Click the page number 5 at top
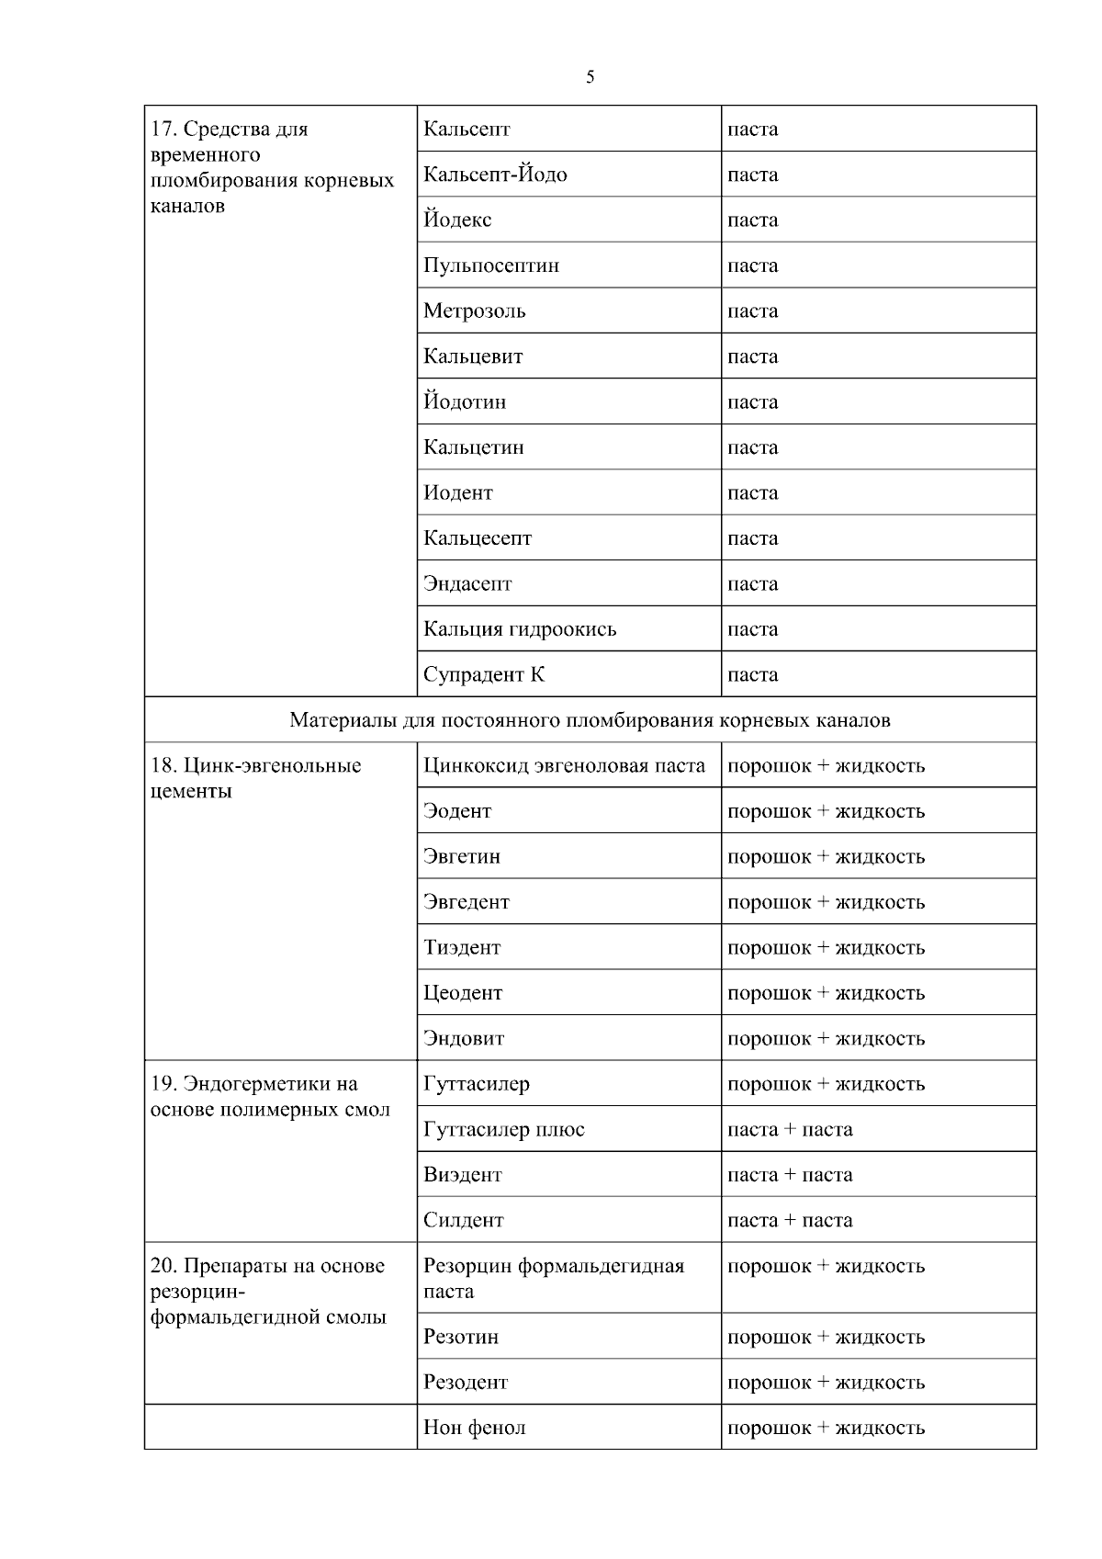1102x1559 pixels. pos(590,77)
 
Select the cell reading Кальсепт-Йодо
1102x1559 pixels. pos(495,175)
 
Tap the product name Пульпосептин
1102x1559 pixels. pos(491,265)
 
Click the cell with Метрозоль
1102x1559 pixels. pos(475,311)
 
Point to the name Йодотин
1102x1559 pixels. pos(465,402)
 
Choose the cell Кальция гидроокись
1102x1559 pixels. pos(520,629)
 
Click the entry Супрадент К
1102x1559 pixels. pos(484,674)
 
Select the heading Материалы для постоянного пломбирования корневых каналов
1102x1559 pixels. pos(590,720)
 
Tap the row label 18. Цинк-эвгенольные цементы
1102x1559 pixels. pos(255,778)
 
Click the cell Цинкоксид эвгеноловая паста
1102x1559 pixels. pos(564,765)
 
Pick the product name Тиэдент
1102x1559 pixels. pos(462,947)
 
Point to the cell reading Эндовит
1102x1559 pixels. pos(464,1038)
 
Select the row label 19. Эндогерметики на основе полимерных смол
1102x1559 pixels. pos(269,1096)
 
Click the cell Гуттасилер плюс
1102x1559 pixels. pos(503,1129)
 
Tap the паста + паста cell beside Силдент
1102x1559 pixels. pos(790,1220)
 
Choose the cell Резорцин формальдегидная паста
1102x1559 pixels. pos(553,1278)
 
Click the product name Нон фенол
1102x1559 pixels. pos(474,1428)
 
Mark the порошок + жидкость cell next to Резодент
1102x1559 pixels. pos(826,1382)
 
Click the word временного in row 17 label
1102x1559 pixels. pos(205,154)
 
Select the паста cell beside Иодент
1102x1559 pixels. pos(752,493)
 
